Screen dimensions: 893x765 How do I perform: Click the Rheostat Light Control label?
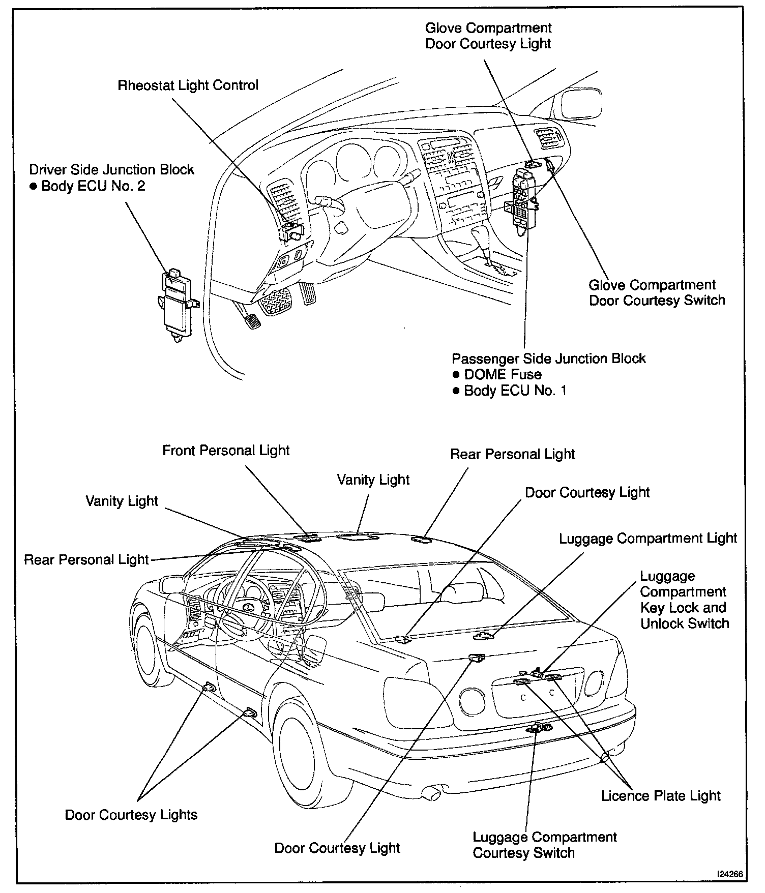(188, 85)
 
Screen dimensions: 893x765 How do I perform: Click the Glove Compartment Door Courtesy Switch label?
(657, 292)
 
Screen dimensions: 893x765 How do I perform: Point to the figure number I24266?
(729, 874)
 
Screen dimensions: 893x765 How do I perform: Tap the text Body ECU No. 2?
(93, 186)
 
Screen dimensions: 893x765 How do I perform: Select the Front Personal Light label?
(226, 451)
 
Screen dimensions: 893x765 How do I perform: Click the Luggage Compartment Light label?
(648, 539)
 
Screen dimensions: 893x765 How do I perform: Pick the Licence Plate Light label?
(661, 796)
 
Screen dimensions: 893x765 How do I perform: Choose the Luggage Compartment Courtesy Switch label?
(544, 845)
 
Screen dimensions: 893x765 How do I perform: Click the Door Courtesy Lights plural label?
(131, 815)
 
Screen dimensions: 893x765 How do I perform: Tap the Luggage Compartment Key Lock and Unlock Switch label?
(684, 600)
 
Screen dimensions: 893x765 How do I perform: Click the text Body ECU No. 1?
(515, 391)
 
